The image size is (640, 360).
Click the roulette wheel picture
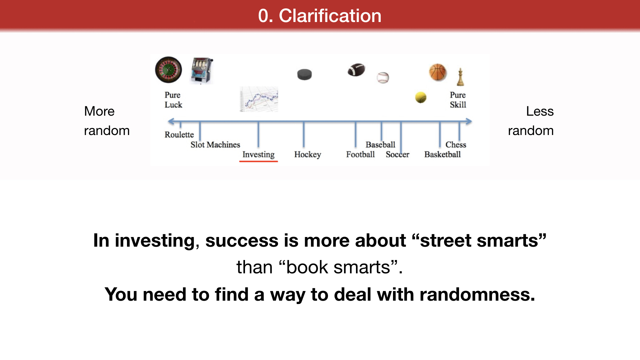point(169,70)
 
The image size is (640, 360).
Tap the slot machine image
point(202,70)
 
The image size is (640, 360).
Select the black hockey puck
point(304,74)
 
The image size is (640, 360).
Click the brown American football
point(356,70)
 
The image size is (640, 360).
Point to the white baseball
point(383,78)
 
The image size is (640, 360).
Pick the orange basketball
point(438,72)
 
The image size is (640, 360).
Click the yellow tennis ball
point(421,97)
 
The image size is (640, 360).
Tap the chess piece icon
point(460,77)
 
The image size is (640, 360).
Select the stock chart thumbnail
point(259,99)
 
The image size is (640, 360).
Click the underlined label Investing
point(258,155)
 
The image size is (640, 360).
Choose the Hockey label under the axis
point(308,155)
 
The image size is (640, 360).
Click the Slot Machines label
point(215,145)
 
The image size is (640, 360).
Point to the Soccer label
point(397,154)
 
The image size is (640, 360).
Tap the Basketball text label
point(442,154)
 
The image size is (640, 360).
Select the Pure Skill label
point(458,100)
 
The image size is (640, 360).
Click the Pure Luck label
point(173,100)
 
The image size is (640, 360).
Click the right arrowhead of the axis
point(469,122)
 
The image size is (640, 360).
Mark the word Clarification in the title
point(330,16)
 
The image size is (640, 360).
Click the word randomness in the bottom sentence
point(477,294)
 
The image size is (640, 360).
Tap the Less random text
point(531,121)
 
